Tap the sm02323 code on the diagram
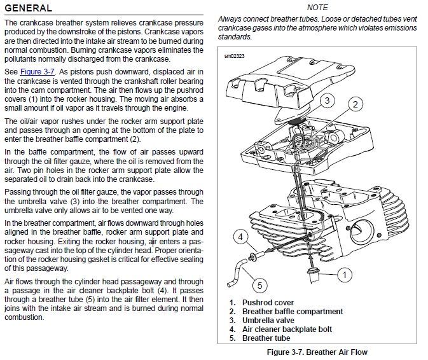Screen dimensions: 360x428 (x=235, y=56)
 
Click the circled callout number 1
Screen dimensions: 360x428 (x=343, y=275)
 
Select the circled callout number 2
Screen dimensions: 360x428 (x=356, y=104)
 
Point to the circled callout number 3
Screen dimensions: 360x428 (x=326, y=100)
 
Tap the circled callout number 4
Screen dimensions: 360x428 (x=240, y=237)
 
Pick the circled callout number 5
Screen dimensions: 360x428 (x=259, y=284)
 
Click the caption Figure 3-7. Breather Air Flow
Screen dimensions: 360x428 (x=317, y=352)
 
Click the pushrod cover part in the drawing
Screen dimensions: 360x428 (x=312, y=275)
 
